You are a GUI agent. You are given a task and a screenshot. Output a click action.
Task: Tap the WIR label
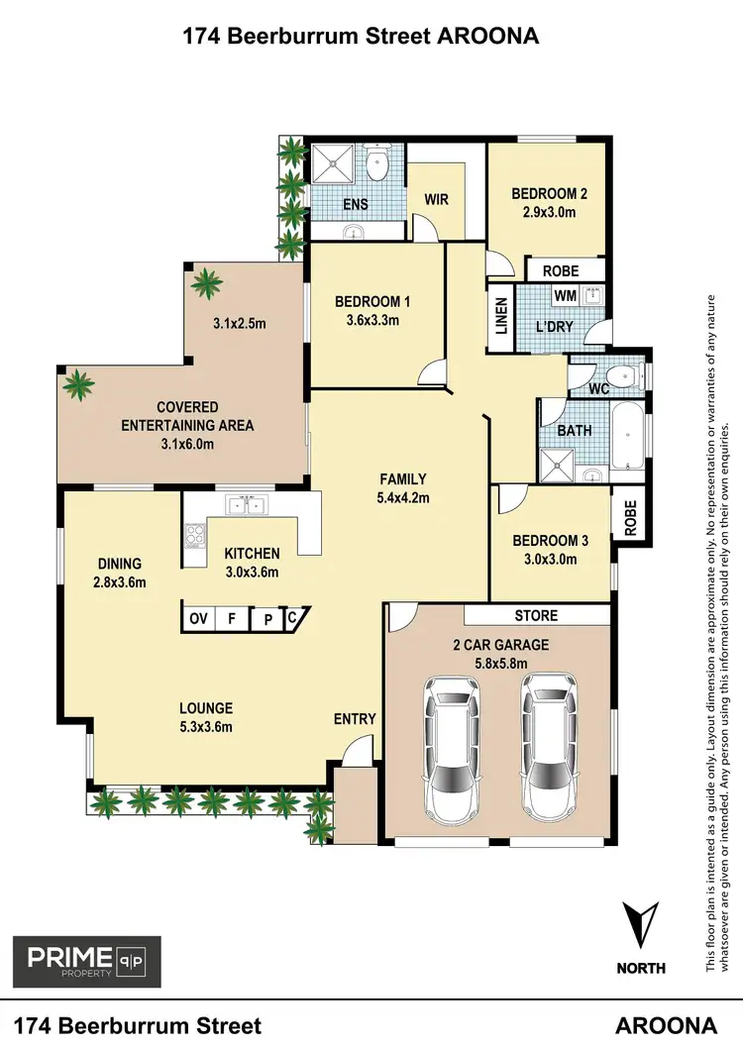click(436, 199)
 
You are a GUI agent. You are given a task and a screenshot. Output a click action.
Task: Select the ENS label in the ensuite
click(356, 205)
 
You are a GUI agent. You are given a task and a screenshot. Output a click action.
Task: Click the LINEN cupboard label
click(501, 317)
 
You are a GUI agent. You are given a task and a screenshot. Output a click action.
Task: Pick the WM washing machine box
click(565, 295)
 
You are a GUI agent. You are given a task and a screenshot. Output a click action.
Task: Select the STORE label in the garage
click(536, 615)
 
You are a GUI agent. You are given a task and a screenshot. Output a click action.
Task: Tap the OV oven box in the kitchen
click(198, 619)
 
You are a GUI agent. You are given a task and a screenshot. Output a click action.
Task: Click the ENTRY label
click(355, 718)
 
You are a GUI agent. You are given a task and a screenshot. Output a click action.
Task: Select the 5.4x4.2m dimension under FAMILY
click(403, 497)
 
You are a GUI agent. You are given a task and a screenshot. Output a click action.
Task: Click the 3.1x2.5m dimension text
click(241, 323)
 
